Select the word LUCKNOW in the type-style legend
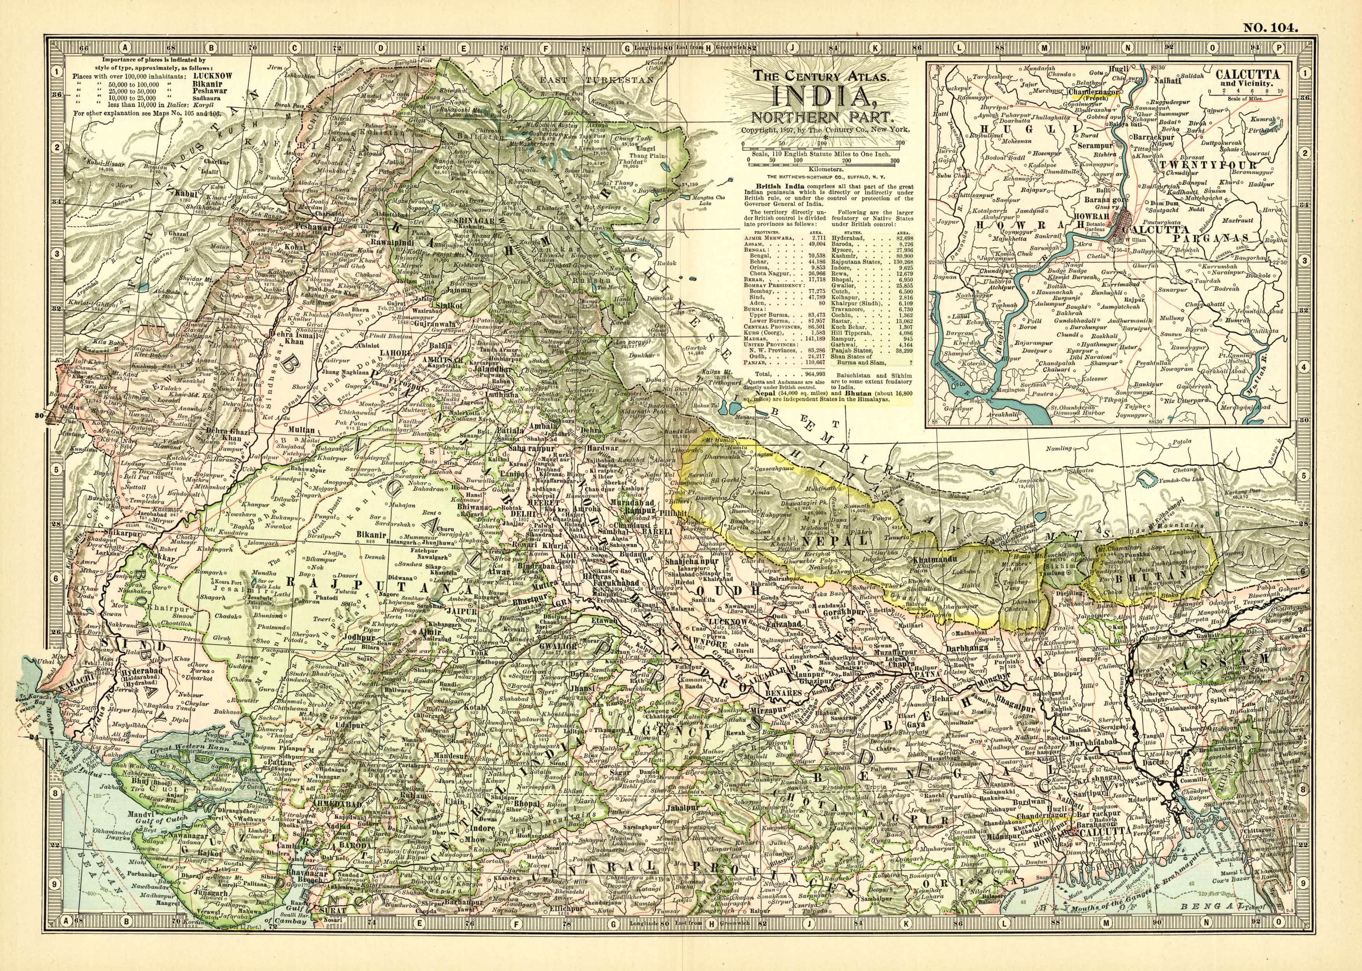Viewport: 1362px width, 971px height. [211, 77]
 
